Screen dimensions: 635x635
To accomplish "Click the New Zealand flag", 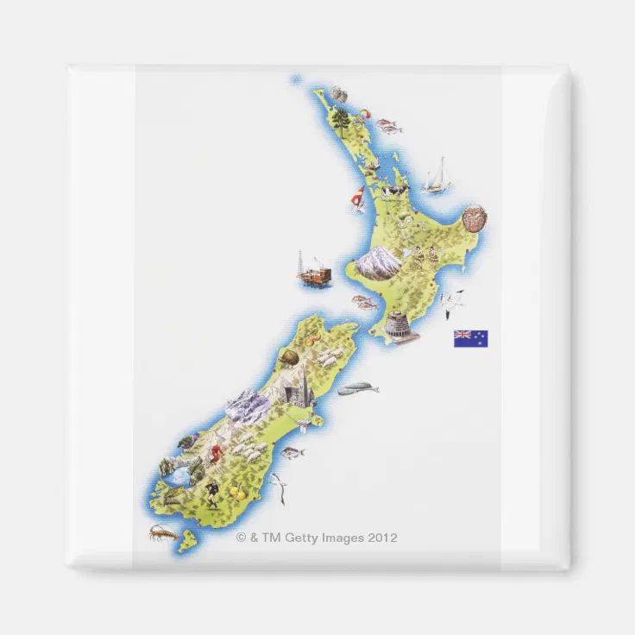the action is coord(470,338).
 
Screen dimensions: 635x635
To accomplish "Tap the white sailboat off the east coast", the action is coord(439,176).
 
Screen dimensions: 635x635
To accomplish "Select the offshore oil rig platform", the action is coord(314,271).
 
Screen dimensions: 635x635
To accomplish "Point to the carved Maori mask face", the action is coord(474,218).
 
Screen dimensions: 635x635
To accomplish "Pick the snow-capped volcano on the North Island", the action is coord(378,260).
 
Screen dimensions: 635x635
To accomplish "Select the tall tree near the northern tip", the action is coord(343,117).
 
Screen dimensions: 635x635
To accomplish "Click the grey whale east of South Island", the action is coord(357,389).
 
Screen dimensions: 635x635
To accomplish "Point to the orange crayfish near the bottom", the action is coord(163,532).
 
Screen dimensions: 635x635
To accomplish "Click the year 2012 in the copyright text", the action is coord(382,538).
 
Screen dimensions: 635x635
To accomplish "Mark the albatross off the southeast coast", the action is coord(278,489).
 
